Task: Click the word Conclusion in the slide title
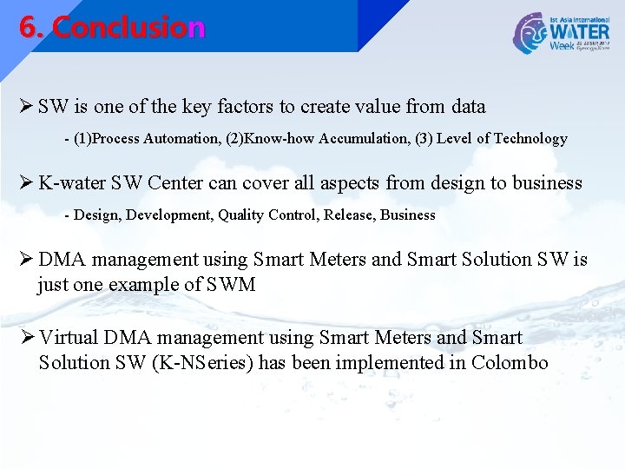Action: coord(128,28)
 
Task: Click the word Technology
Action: coord(530,138)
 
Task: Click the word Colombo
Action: coord(510,362)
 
